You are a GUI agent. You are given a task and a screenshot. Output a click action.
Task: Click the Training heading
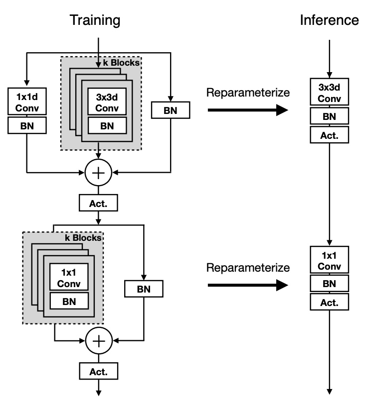[x=95, y=20]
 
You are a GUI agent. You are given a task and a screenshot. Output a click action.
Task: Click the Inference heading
[x=329, y=20]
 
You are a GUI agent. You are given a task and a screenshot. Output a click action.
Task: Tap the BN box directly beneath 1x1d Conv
[x=27, y=126]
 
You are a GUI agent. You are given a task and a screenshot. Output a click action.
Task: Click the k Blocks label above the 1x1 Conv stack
[x=83, y=238]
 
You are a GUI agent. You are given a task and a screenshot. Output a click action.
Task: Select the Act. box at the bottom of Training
[x=99, y=371]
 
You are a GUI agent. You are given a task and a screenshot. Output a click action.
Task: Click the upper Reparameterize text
[x=248, y=93]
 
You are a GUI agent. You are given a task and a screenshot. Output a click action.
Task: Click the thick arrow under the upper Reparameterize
[x=248, y=109]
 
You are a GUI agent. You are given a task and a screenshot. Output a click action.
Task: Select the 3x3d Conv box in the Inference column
[x=329, y=92]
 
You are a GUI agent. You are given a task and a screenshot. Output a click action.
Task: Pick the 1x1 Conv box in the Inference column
[x=329, y=259]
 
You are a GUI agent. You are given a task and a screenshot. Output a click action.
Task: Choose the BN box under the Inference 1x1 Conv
[x=329, y=283]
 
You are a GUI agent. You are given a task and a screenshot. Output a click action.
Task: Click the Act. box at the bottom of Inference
[x=329, y=302]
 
